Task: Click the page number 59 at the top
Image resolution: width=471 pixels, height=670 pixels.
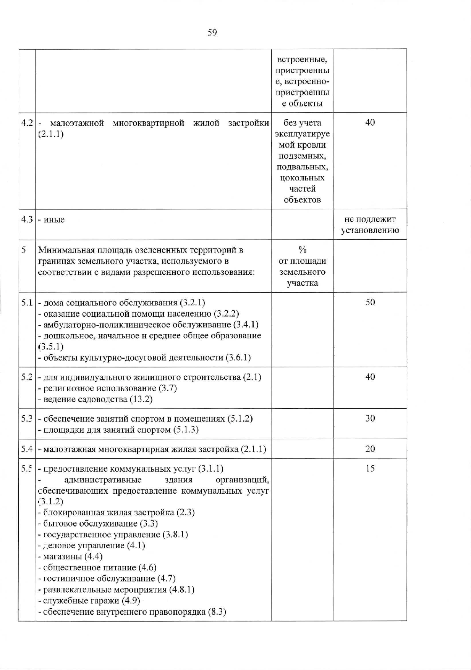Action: coord(212,33)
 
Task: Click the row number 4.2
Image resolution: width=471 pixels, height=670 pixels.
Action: coord(27,123)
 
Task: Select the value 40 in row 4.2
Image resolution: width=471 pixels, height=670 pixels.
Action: coord(370,122)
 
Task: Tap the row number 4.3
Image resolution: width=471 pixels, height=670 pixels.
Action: coord(27,220)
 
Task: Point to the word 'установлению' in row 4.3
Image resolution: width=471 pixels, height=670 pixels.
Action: coord(370,230)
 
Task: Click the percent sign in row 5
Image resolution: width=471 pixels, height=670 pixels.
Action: coord(302,250)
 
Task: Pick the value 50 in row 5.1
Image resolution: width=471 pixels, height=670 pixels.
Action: coord(370,303)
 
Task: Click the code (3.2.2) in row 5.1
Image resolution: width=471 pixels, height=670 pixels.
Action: coord(227,314)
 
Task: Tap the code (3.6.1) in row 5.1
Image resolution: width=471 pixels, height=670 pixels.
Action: coord(238,358)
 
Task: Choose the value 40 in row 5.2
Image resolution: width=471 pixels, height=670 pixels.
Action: coord(370,377)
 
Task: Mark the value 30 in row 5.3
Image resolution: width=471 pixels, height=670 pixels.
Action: coord(370,419)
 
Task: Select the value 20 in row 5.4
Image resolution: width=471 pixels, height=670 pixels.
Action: coord(370,449)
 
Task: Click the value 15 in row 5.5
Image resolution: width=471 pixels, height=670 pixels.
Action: coord(370,469)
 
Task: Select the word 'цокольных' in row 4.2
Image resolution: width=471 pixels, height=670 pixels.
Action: coord(302,178)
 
